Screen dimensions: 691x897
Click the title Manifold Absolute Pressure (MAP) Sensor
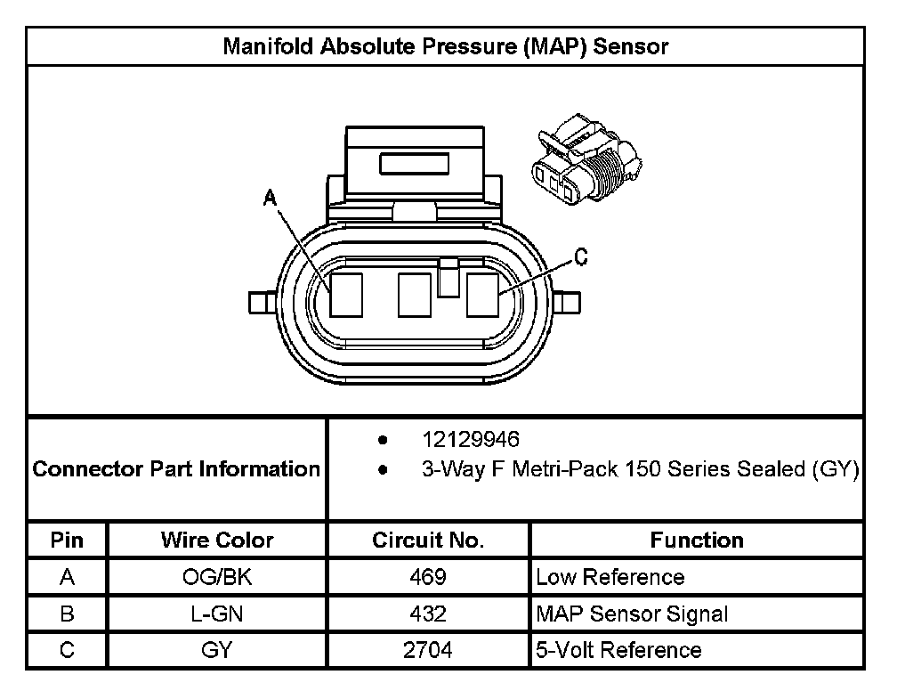point(445,46)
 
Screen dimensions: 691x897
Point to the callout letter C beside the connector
point(579,258)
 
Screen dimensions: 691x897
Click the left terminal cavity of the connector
point(345,295)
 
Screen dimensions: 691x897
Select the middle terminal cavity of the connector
point(415,295)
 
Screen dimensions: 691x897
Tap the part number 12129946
point(470,440)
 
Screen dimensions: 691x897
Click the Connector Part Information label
point(176,468)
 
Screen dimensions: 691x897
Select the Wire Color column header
point(217,540)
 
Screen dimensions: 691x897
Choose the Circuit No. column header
point(428,540)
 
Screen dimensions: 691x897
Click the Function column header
point(697,540)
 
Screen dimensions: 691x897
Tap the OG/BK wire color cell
point(217,577)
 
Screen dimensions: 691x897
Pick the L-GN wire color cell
point(217,614)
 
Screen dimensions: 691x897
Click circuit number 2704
point(428,650)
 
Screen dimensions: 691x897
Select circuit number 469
point(428,577)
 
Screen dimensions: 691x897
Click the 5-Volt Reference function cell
point(618,650)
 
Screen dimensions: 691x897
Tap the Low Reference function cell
point(610,577)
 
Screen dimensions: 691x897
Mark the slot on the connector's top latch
point(415,164)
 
